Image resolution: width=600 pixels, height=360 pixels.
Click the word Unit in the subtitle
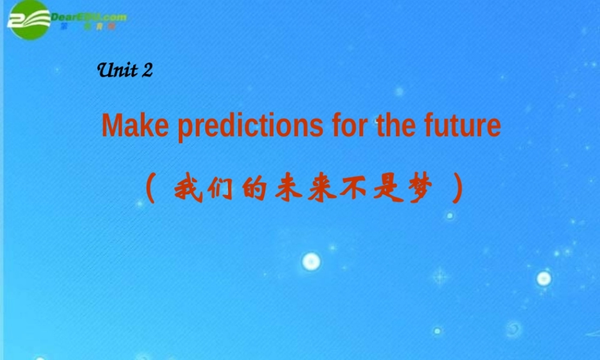coord(118,71)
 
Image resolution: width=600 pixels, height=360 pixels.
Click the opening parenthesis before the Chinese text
coord(151,190)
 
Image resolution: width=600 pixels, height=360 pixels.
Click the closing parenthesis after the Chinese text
coord(458,190)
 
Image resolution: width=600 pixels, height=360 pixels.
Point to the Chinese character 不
coord(356,190)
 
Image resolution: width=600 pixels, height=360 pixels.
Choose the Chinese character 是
coord(389,190)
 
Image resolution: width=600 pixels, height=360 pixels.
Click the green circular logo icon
coord(28,19)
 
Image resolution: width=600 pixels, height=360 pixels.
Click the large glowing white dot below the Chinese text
coord(311,261)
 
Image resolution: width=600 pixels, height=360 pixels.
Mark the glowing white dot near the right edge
coord(544,278)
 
